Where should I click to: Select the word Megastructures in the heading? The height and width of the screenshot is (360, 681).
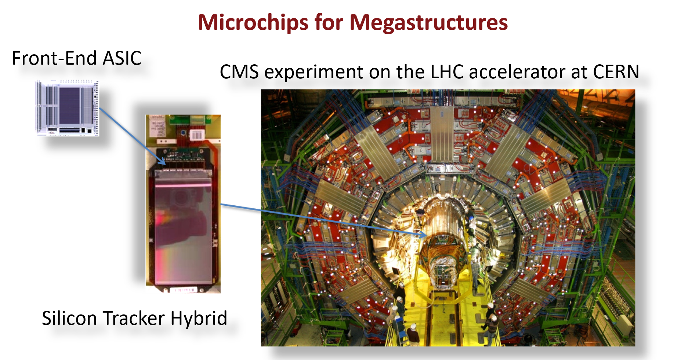click(428, 23)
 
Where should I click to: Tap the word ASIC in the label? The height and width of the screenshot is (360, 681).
click(122, 58)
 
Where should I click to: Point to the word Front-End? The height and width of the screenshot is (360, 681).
click(54, 58)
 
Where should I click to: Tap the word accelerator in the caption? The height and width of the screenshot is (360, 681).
click(519, 72)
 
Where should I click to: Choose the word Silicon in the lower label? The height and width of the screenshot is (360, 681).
click(72, 318)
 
